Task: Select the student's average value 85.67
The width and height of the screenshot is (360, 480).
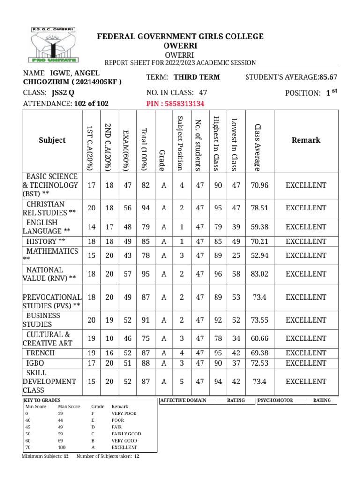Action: [x=328, y=77]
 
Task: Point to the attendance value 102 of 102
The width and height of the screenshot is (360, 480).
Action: [x=91, y=104]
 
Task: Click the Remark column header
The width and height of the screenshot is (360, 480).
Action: [x=306, y=140]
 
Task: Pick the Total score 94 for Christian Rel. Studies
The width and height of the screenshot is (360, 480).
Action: [x=145, y=208]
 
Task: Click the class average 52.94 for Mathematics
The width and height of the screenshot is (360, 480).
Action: [x=259, y=255]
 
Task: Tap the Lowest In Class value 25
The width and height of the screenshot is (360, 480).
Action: [x=236, y=255]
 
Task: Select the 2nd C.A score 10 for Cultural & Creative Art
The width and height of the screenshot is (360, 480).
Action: [x=110, y=338]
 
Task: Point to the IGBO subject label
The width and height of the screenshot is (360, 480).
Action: [x=35, y=363]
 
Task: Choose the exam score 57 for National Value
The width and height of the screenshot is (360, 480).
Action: [x=127, y=274]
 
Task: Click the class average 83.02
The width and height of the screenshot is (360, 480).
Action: [x=259, y=274]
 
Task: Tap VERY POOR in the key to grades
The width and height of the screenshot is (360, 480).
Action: [x=124, y=414]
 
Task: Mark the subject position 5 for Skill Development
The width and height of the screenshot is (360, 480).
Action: [x=182, y=382]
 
